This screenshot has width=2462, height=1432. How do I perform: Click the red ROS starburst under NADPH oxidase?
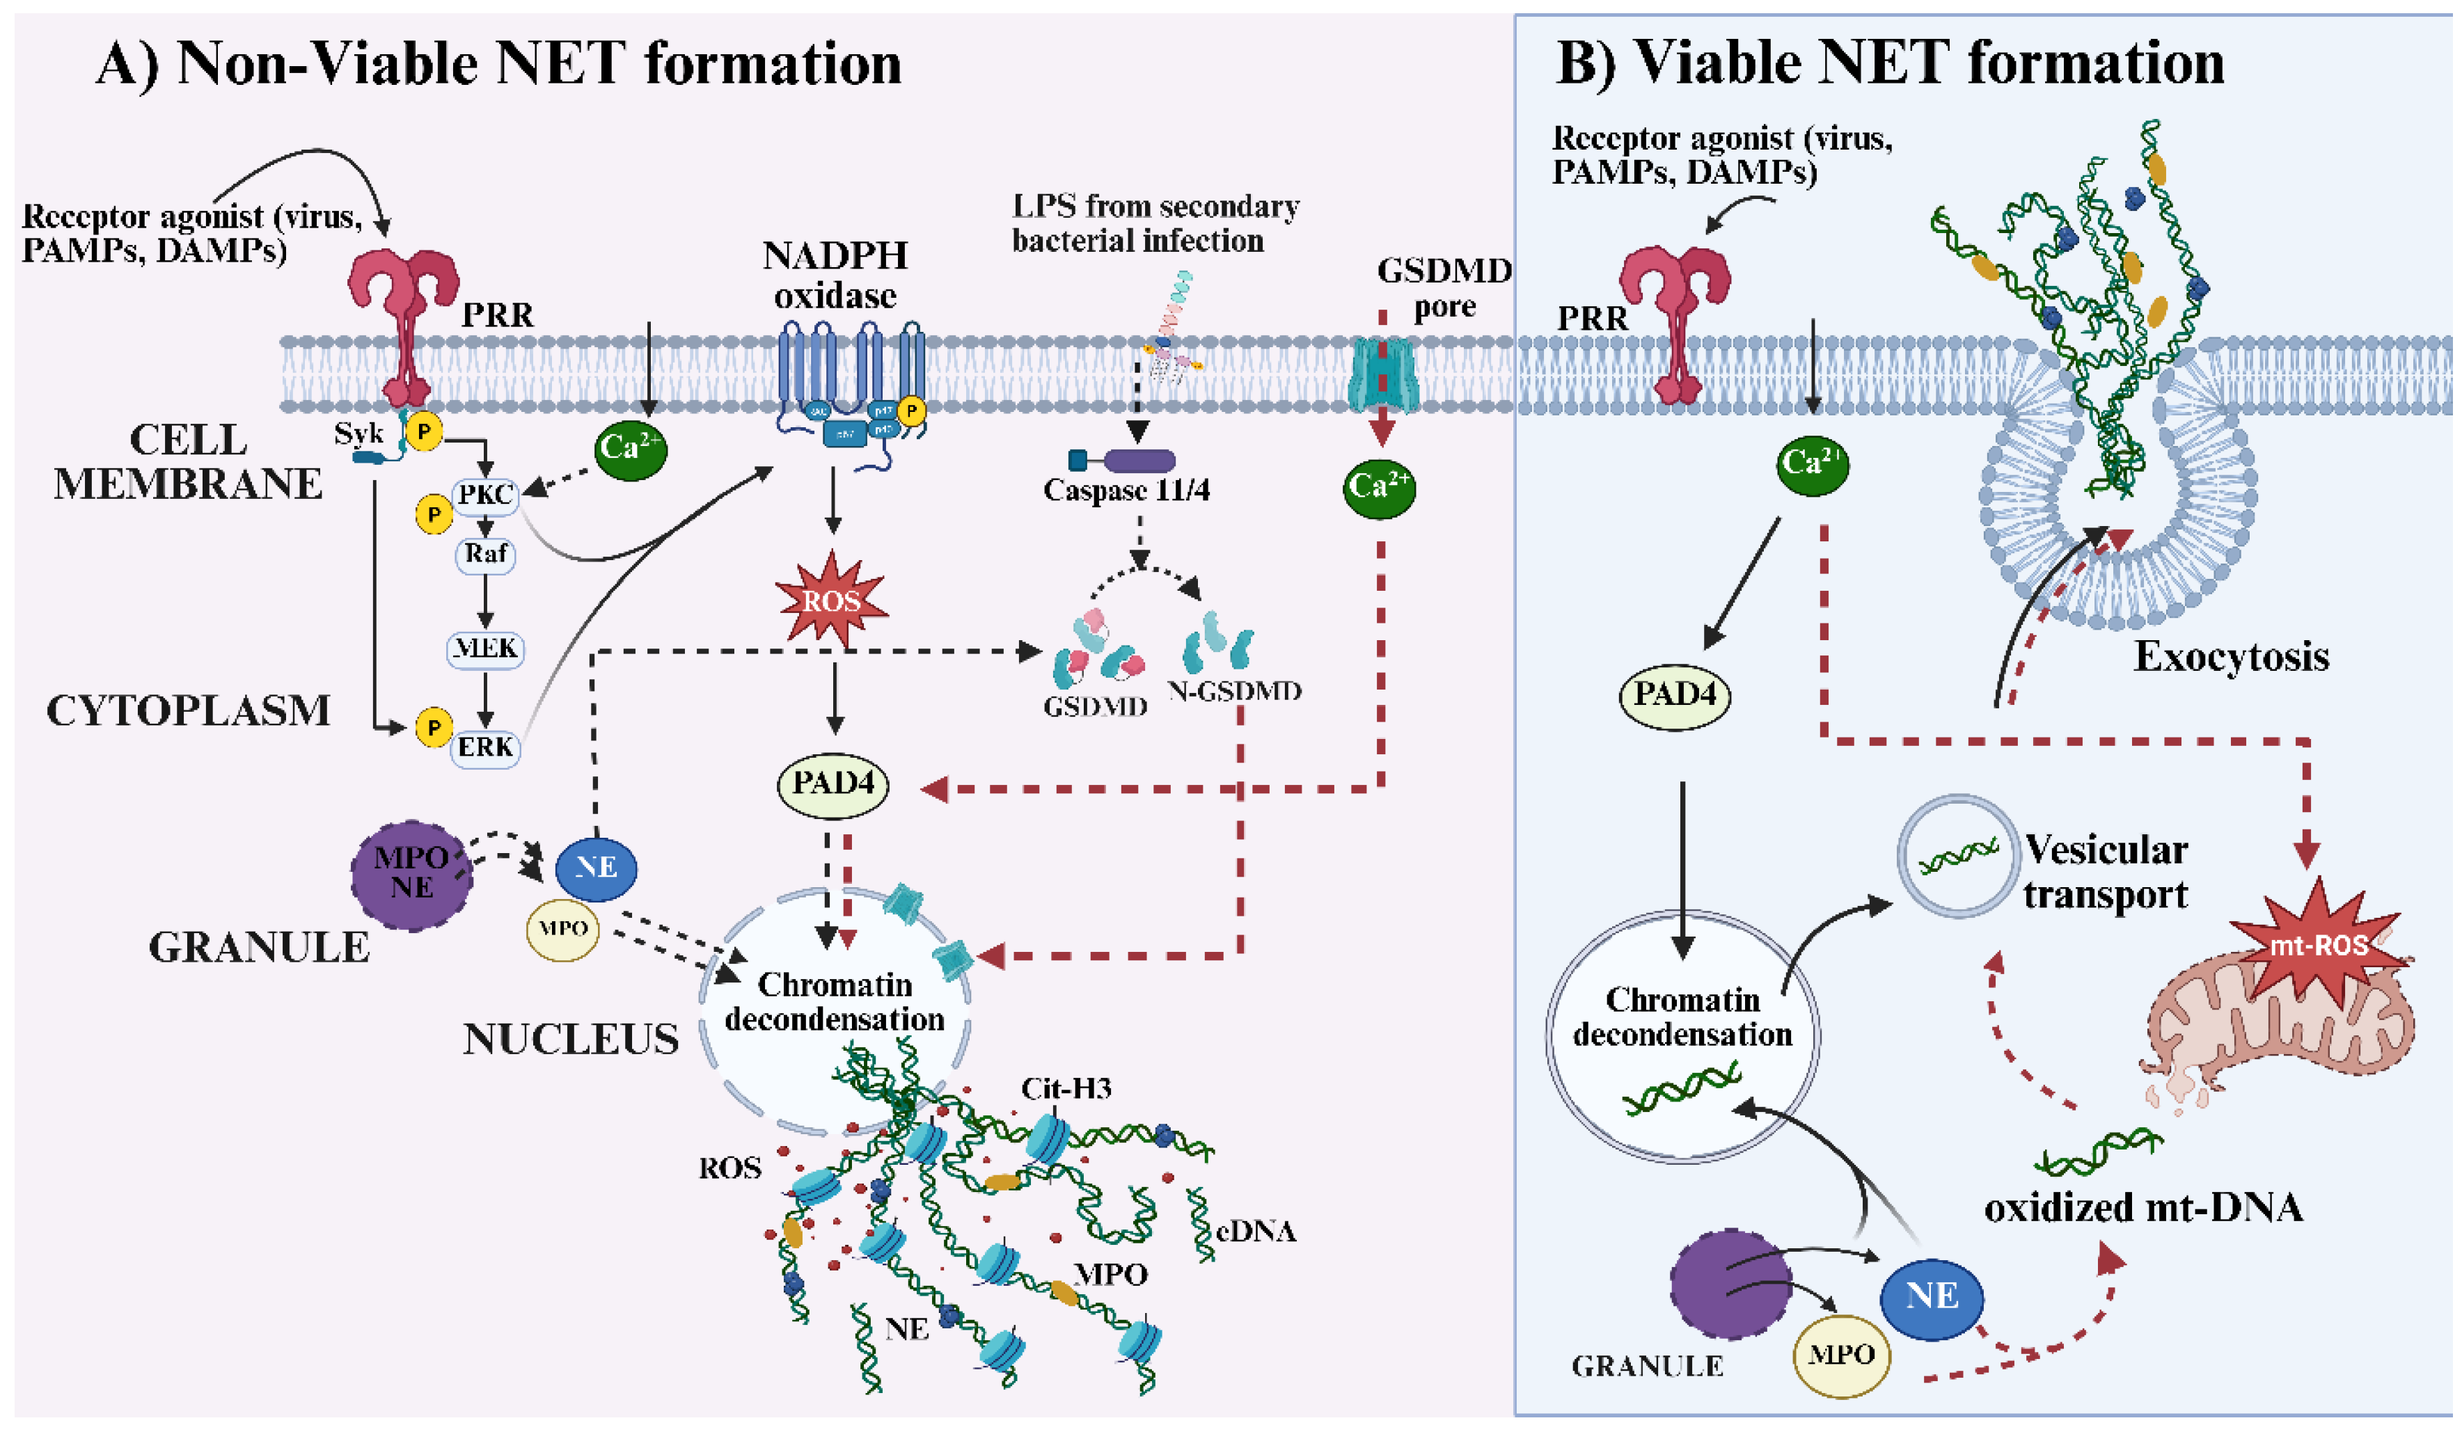(x=831, y=599)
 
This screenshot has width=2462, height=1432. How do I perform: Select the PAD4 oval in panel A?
(x=832, y=783)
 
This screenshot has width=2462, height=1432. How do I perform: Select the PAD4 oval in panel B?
(x=1675, y=694)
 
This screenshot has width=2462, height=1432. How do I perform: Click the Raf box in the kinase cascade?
(x=486, y=554)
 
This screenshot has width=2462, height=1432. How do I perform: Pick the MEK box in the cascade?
(x=486, y=648)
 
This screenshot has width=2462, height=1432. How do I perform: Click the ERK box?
(x=486, y=747)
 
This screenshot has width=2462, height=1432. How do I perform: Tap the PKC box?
(x=486, y=494)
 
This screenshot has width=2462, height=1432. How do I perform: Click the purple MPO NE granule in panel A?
(x=411, y=873)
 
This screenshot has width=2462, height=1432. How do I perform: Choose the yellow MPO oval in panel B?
(x=1840, y=1354)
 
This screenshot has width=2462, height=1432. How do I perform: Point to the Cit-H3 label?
(x=1066, y=1088)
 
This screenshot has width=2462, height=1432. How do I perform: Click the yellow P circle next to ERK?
(x=433, y=726)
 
